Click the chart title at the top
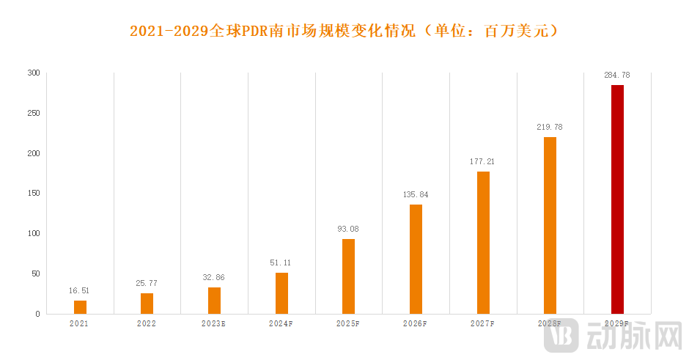[344, 32]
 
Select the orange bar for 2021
[81, 307]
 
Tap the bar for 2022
[147, 304]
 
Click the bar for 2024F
[281, 293]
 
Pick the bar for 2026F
[416, 259]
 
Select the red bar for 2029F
[617, 199]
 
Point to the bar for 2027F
[483, 243]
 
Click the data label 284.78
[617, 76]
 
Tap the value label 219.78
[550, 128]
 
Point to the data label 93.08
[348, 229]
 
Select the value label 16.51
[80, 291]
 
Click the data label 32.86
[214, 278]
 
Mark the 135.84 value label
[416, 195]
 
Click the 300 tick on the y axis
[34, 73]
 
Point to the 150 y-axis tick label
[34, 194]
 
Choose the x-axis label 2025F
[348, 323]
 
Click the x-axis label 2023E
[214, 323]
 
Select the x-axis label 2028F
[550, 323]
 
